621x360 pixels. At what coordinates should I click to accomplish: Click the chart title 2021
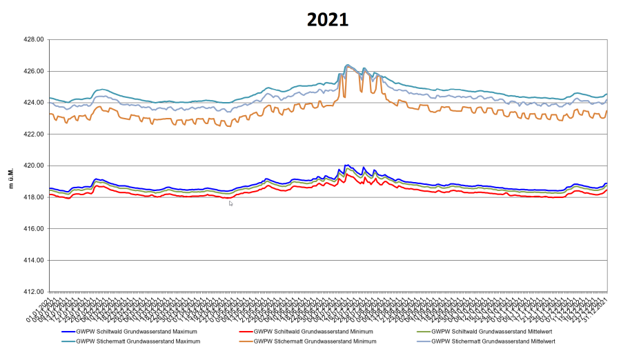(x=328, y=19)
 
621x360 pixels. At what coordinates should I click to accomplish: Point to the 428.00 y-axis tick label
(x=33, y=40)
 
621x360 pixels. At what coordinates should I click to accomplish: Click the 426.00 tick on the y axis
(x=33, y=71)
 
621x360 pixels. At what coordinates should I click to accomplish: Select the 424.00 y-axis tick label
(x=33, y=103)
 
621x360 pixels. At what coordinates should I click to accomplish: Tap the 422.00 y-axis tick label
(x=33, y=134)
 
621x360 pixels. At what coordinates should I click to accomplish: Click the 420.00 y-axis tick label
(x=33, y=166)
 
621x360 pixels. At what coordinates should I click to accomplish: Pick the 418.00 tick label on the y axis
(x=33, y=197)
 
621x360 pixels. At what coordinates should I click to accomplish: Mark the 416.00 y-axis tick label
(x=33, y=229)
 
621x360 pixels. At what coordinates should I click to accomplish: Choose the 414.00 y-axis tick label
(x=33, y=260)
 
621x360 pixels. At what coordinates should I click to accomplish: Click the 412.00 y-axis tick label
(x=33, y=292)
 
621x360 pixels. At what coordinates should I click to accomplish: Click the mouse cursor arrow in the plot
(x=231, y=203)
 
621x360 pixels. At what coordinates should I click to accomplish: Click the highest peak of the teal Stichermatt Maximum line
(x=347, y=65)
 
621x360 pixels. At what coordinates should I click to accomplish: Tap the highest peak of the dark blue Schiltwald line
(x=347, y=165)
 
